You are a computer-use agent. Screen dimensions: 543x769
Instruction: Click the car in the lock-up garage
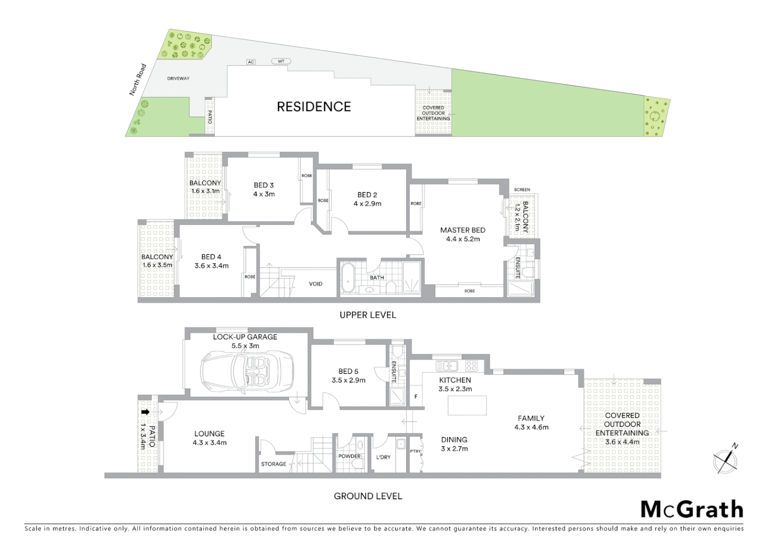247,373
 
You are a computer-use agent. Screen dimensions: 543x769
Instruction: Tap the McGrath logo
691,509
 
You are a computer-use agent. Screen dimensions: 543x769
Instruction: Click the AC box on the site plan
251,62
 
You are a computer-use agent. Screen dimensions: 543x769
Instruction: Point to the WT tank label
281,61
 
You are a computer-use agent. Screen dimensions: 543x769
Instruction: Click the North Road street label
137,79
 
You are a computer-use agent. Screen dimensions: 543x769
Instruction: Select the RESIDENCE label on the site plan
314,107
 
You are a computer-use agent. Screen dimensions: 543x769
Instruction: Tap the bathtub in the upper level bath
348,278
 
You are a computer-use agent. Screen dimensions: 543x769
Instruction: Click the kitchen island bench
467,405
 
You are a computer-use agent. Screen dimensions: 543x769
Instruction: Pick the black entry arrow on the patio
145,412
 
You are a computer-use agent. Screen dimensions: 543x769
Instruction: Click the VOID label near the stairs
316,284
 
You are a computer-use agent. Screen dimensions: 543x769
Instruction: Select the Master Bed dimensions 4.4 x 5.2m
463,239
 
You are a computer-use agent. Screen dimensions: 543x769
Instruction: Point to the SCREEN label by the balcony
522,190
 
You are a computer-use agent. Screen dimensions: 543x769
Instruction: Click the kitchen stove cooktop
471,366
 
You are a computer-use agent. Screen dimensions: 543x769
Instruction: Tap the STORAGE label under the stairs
273,464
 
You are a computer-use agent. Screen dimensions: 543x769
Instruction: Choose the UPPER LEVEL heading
367,315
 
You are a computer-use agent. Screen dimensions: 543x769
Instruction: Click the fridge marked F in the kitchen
416,396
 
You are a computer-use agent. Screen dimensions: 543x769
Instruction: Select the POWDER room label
349,457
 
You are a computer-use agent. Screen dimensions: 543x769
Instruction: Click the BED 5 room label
348,372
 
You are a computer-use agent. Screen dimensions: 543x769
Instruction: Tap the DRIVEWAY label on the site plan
178,79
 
